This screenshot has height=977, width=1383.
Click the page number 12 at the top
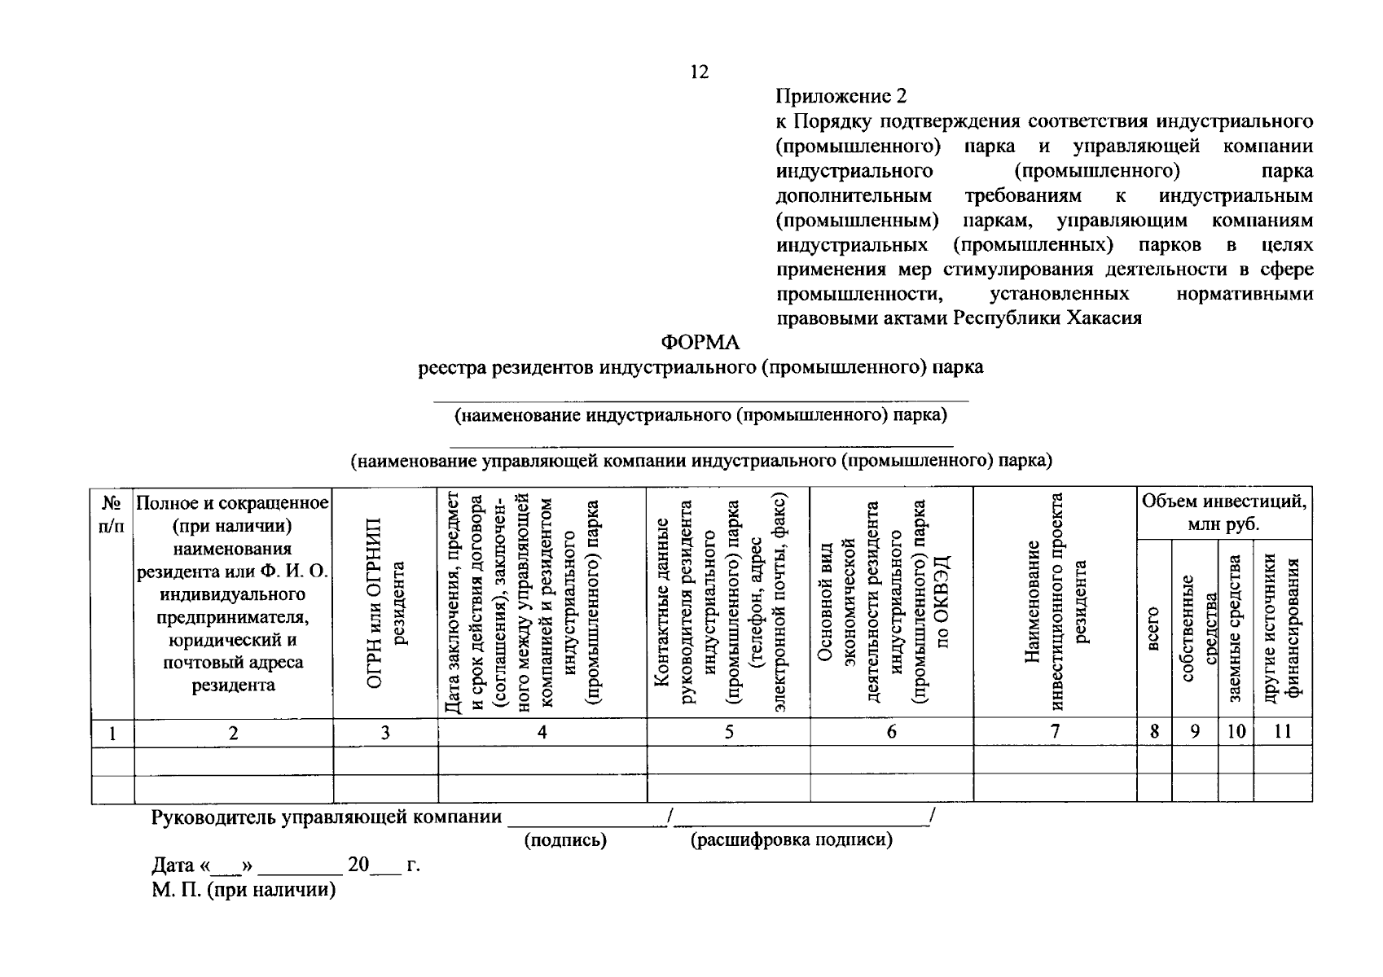click(700, 72)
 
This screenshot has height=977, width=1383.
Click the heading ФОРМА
click(700, 343)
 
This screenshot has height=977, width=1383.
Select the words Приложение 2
click(841, 97)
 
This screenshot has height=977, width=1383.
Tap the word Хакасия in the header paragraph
click(1103, 318)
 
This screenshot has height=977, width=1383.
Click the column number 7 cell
click(1055, 732)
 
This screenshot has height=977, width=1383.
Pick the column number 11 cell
click(1283, 732)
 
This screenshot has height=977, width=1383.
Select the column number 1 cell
click(112, 734)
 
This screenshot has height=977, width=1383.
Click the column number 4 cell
click(542, 732)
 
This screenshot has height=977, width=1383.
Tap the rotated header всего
click(1153, 629)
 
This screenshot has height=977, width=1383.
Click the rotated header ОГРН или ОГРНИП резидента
click(386, 602)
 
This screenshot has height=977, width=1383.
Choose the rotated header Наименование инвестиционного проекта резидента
click(1056, 602)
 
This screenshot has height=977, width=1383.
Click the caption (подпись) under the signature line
click(565, 840)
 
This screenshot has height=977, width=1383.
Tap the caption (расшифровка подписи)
click(792, 840)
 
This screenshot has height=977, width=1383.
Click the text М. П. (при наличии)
click(244, 890)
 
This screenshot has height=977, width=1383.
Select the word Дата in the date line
click(173, 865)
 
